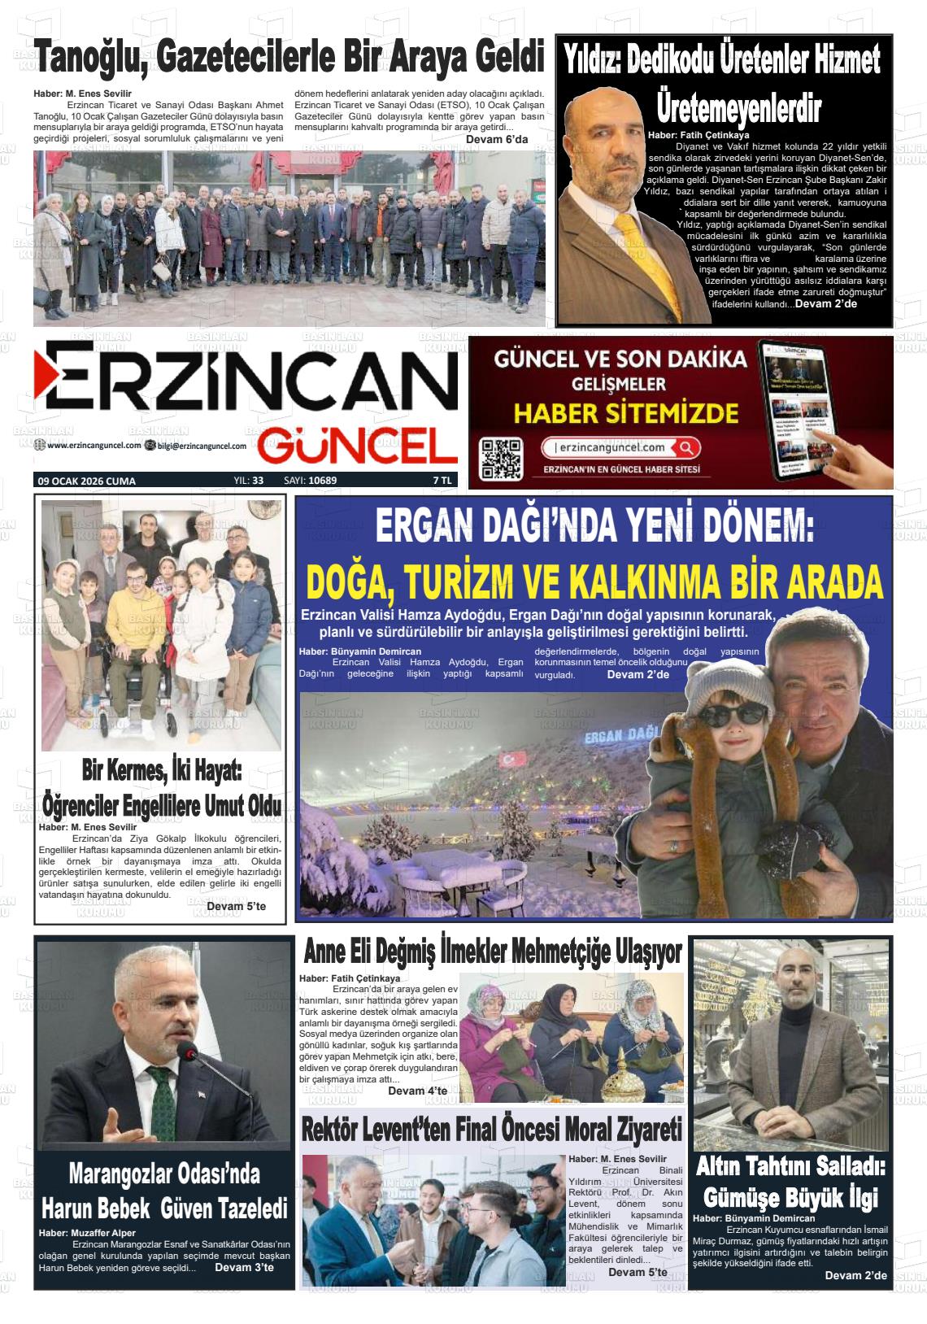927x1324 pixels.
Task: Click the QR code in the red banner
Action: (x=500, y=457)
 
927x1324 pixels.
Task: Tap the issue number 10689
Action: (x=323, y=481)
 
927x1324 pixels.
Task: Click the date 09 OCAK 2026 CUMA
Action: (x=87, y=481)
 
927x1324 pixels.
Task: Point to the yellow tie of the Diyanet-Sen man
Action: (x=642, y=259)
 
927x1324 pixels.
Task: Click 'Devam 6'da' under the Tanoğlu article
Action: (x=497, y=139)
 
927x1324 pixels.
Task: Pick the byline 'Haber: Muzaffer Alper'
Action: (x=87, y=1233)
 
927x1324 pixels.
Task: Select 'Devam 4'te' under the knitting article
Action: (x=417, y=1091)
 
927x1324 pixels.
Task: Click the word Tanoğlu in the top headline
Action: (x=91, y=60)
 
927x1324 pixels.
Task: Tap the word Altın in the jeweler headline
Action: (x=720, y=1166)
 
